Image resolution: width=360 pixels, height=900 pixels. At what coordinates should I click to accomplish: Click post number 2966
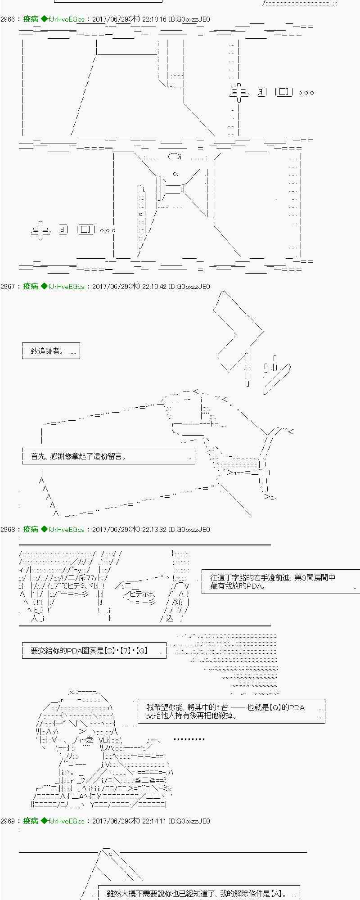[x=8, y=19]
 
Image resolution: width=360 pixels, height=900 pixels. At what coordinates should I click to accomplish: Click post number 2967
[x=8, y=286]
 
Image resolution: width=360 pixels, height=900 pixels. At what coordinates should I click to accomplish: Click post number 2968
[x=8, y=529]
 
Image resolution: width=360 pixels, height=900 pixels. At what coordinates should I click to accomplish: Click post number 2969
[x=8, y=821]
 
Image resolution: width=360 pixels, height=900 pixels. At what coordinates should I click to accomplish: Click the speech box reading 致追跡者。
[x=51, y=351]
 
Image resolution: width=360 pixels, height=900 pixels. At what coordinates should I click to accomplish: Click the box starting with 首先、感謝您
[x=108, y=456]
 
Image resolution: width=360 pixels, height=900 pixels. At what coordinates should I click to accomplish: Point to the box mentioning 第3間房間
[x=280, y=581]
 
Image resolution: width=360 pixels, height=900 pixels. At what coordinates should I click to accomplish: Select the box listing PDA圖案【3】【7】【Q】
[x=94, y=650]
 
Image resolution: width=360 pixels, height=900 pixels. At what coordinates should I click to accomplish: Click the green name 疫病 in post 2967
[x=31, y=286]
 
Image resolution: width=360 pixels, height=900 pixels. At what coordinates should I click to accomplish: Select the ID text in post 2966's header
[x=189, y=19]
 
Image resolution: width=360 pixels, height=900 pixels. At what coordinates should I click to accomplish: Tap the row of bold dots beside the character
[x=189, y=739]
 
